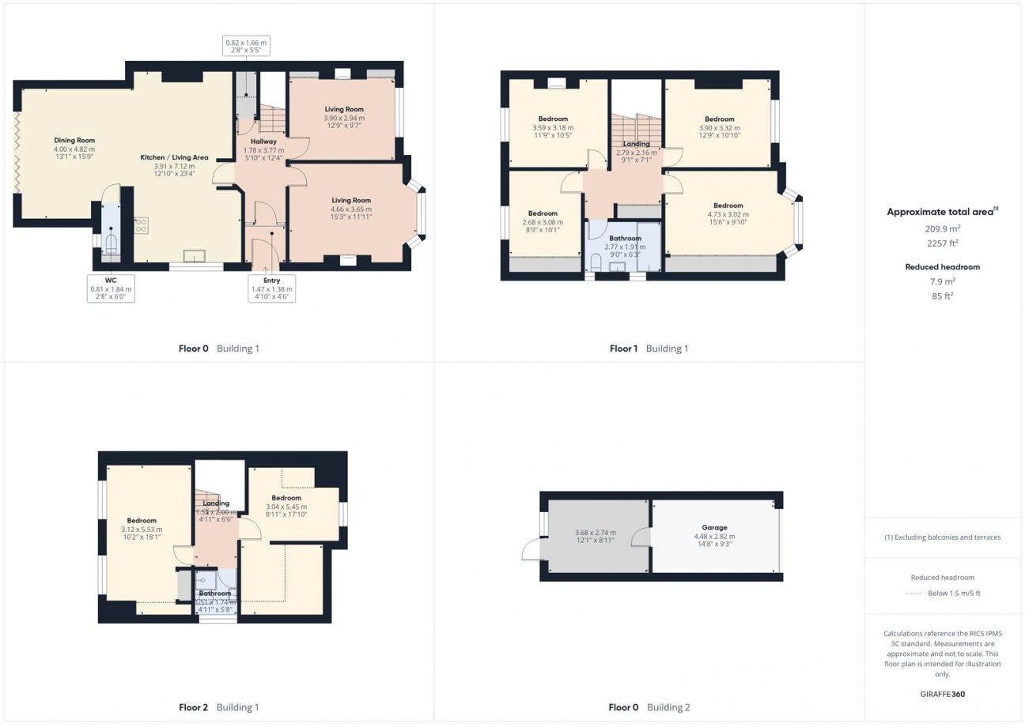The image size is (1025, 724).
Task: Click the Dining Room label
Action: pos(74,140)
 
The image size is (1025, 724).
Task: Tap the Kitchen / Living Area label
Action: pos(174,158)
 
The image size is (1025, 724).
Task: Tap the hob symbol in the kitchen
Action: pos(141,224)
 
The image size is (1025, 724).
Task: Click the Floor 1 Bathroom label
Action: pos(625,238)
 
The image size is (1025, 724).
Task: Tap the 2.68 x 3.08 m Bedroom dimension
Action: pos(543,222)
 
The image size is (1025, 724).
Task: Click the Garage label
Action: pos(714,527)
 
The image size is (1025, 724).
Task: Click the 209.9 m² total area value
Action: pos(942,228)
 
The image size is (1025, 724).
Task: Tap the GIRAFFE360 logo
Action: pos(942,695)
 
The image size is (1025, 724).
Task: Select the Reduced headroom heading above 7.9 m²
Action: pos(942,267)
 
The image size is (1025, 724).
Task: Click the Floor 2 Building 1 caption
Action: pos(218,707)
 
